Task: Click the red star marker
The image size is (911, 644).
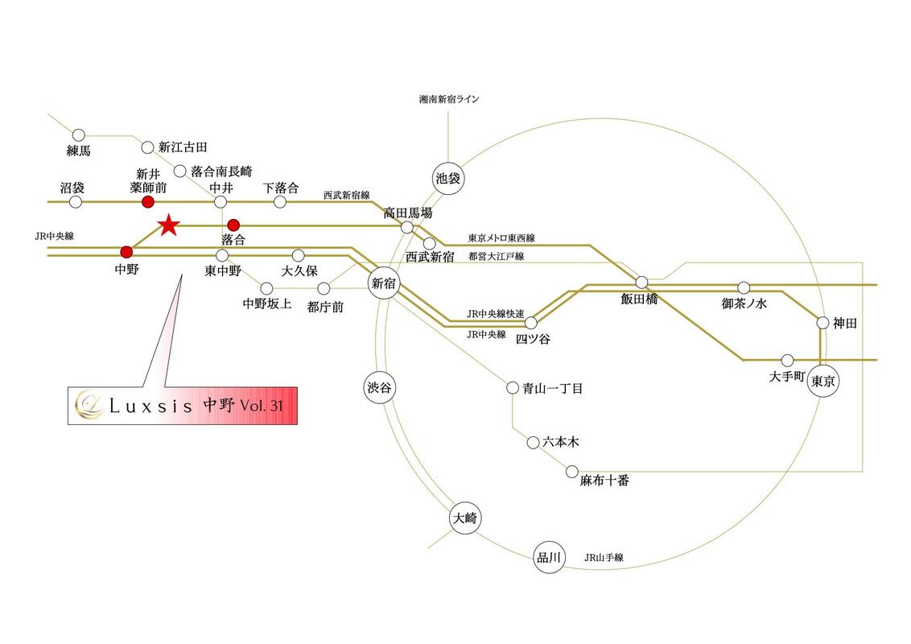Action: (167, 225)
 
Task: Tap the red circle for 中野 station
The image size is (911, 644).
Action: (126, 252)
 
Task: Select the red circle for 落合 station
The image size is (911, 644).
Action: (233, 225)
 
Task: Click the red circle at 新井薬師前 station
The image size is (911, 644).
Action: (147, 201)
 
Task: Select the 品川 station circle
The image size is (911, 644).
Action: (548, 556)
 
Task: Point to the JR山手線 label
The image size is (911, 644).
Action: (604, 557)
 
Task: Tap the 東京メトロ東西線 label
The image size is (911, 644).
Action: (501, 238)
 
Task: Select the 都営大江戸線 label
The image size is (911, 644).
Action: (496, 256)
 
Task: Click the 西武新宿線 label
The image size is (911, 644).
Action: (346, 195)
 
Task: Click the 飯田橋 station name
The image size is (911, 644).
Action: (639, 298)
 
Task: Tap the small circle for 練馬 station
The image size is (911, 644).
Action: (79, 135)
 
